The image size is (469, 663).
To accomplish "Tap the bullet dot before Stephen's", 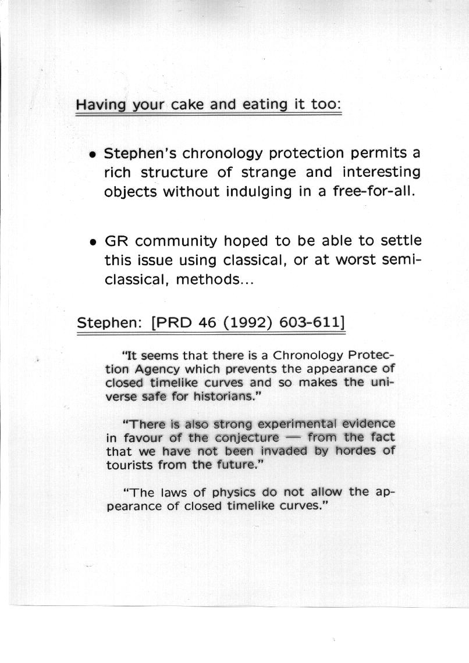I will (93, 155).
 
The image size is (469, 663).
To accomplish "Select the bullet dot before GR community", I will (93, 242).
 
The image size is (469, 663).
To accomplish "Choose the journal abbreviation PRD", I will (174, 323).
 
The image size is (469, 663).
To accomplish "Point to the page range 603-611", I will (312, 323).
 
